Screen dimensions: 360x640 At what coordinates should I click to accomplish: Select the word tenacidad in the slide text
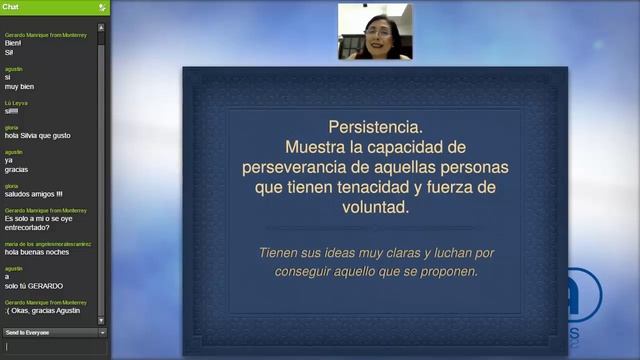[x=393, y=188]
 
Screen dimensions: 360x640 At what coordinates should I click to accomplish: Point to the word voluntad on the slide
[x=374, y=208]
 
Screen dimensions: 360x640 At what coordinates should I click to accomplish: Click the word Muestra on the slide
[x=314, y=148]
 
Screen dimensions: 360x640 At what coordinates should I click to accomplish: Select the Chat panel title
[x=10, y=7]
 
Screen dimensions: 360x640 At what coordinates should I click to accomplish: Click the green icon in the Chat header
[x=102, y=7]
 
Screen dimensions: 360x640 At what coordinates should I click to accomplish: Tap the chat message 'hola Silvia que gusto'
[x=38, y=135]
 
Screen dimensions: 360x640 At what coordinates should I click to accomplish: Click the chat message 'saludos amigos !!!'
[x=34, y=193]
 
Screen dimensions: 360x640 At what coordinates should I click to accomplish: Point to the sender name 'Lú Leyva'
[x=15, y=102]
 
